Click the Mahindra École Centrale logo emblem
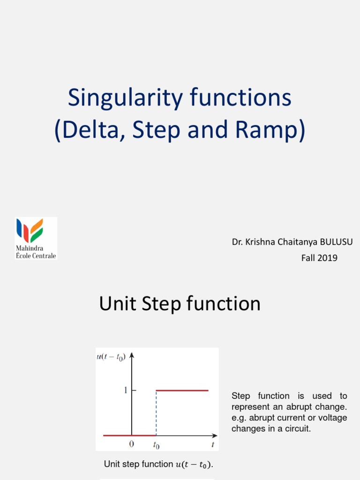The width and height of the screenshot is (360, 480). coord(30,231)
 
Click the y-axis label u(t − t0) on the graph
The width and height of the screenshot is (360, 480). coord(111,357)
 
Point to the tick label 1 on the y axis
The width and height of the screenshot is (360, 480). coord(125,390)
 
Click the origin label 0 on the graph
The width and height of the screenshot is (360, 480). coord(132,444)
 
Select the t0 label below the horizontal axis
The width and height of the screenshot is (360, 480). coord(156,444)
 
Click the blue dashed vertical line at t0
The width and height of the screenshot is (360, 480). coord(156,412)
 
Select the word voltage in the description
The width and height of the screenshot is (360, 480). coord(333,417)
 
